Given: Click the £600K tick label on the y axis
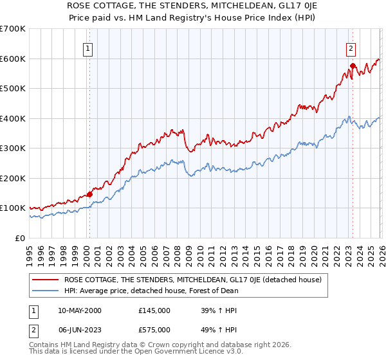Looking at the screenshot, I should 13,59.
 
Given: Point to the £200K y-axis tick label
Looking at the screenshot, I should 13,178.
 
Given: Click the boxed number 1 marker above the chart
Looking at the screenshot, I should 87,48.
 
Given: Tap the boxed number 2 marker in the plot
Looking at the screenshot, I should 351,48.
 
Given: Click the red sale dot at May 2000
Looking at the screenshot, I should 89,194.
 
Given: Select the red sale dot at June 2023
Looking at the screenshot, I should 353,66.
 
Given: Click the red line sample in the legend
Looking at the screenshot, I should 46,280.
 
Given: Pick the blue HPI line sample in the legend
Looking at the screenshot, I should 46,291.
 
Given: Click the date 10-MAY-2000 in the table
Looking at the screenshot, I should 79,310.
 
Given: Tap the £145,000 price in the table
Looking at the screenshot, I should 154,310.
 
